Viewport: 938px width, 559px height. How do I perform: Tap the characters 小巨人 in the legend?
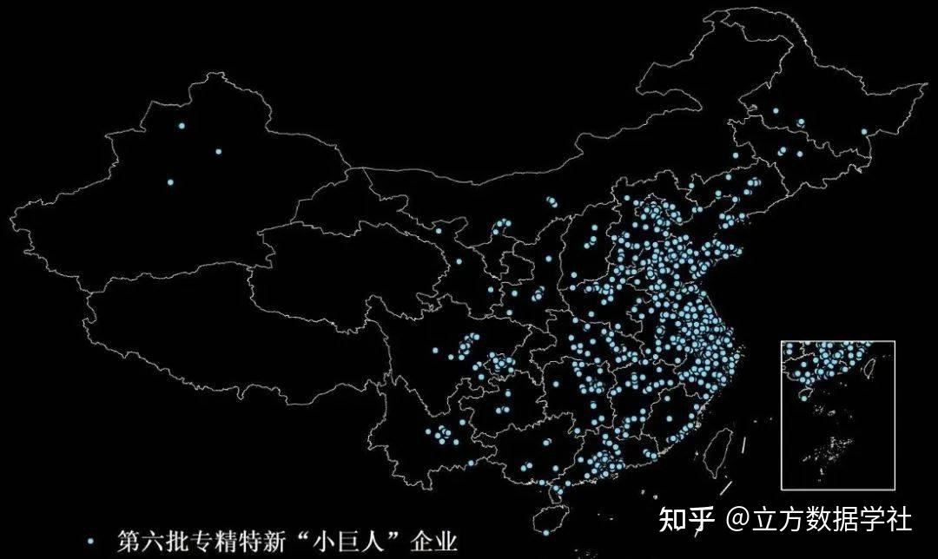tap(353, 541)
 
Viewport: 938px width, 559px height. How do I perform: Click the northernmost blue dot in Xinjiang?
tap(182, 126)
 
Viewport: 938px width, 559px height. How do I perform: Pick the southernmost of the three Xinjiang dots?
tap(170, 182)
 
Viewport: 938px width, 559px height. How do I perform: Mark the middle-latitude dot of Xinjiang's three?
tap(218, 152)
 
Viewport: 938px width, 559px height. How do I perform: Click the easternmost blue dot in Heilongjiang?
tap(864, 132)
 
